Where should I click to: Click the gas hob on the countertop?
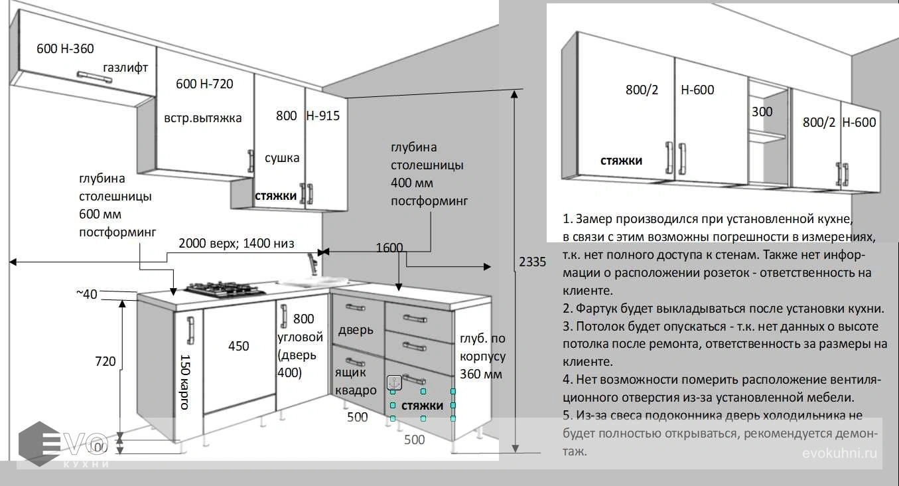pyautogui.click(x=226, y=289)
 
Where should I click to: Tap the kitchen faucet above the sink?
pyautogui.click(x=314, y=263)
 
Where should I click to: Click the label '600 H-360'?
pyautogui.click(x=65, y=48)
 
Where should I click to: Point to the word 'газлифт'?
pyautogui.click(x=125, y=67)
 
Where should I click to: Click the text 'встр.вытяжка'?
pyautogui.click(x=203, y=118)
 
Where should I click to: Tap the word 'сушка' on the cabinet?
pyautogui.click(x=282, y=158)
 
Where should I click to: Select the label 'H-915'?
pyautogui.click(x=322, y=116)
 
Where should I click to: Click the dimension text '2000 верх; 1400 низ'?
pyautogui.click(x=236, y=243)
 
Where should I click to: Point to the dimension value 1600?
pyautogui.click(x=389, y=248)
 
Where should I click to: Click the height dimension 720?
pyautogui.click(x=104, y=361)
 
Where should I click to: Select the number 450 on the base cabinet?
pyautogui.click(x=239, y=346)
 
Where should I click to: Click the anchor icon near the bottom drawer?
pyautogui.click(x=393, y=382)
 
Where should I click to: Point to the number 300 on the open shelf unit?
pyautogui.click(x=762, y=112)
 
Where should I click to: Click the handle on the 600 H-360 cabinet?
pyautogui.click(x=94, y=76)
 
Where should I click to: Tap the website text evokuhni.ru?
pyautogui.click(x=839, y=453)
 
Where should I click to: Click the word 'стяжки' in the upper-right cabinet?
pyautogui.click(x=622, y=161)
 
